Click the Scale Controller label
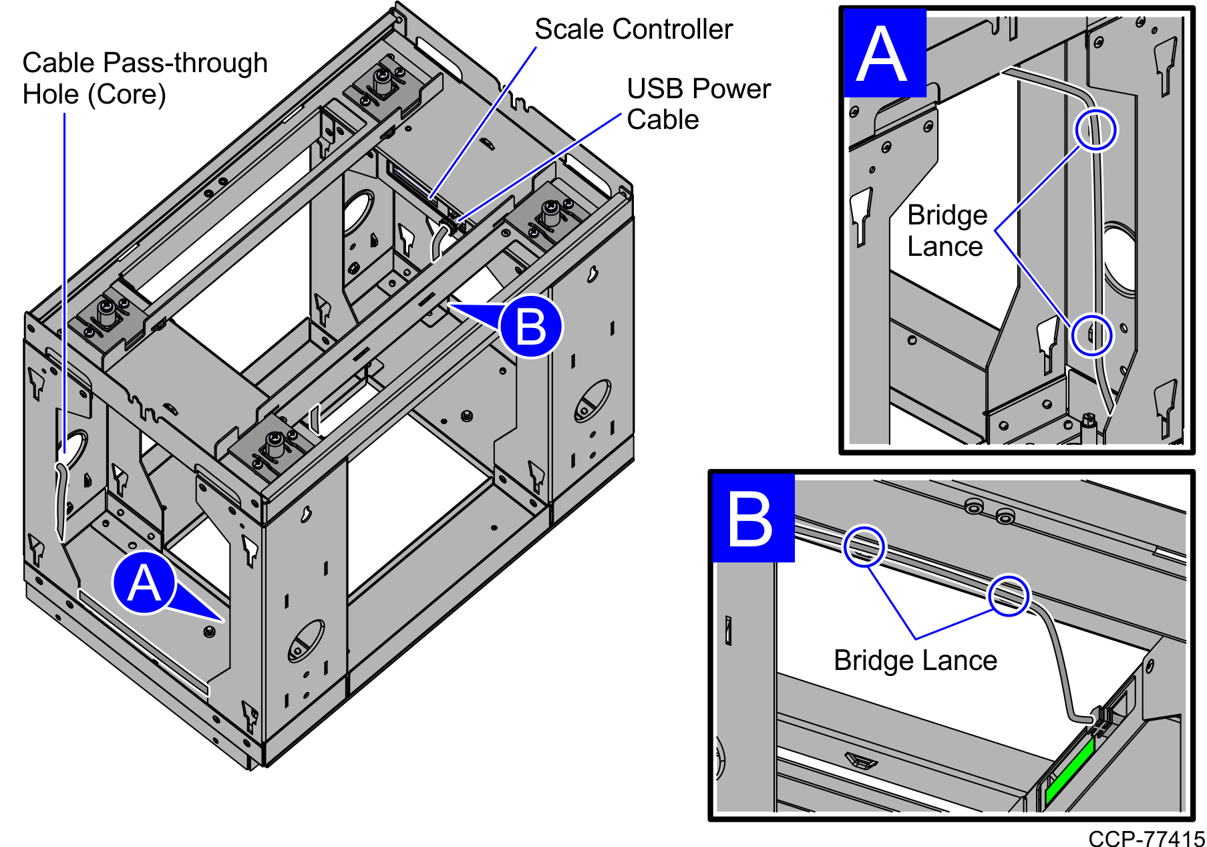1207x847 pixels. [x=633, y=29]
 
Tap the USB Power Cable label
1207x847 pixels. [x=698, y=104]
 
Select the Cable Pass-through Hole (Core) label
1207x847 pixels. [x=145, y=79]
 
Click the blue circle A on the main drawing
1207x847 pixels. [x=144, y=583]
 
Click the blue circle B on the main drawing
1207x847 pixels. [x=531, y=327]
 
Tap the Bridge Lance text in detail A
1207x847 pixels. [x=946, y=230]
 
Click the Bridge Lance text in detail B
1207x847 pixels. [x=915, y=661]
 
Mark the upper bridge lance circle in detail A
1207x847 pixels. [x=1095, y=130]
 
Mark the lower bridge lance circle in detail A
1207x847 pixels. [x=1091, y=335]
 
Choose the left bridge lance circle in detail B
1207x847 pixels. [x=864, y=546]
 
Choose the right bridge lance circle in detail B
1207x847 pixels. [x=1009, y=595]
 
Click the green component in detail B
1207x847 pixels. [x=1069, y=772]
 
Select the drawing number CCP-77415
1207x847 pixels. [x=1146, y=838]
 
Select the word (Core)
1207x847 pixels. [x=127, y=95]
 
